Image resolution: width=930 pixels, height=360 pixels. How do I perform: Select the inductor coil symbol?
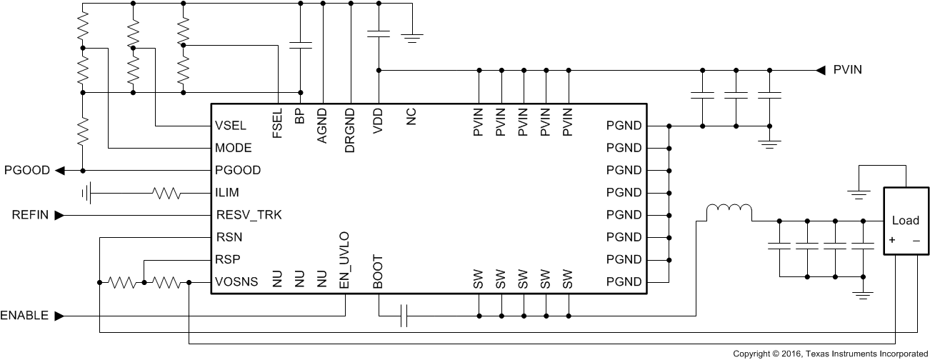click(729, 210)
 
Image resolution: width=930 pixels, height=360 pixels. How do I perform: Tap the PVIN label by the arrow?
click(848, 70)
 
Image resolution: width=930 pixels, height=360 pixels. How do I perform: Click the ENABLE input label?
click(24, 315)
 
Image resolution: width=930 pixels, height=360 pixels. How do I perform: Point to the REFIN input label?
click(31, 214)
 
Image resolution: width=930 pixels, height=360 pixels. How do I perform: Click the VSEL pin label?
click(230, 126)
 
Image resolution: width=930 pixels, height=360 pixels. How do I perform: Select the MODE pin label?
click(233, 149)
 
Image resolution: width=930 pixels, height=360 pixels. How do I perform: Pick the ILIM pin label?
click(227, 193)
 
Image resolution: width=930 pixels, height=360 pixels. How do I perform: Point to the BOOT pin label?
click(378, 271)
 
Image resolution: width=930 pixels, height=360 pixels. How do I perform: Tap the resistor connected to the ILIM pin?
click(166, 193)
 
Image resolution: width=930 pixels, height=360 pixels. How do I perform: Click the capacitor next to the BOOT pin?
click(404, 315)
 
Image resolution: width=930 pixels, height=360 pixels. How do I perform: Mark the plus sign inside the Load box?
click(892, 240)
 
